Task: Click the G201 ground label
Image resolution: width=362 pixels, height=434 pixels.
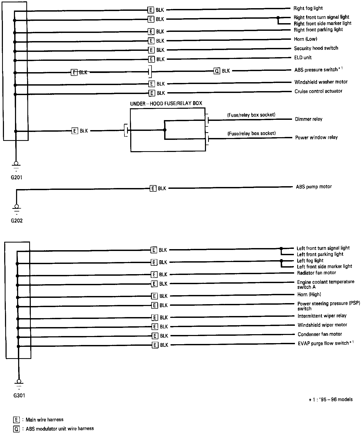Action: click(x=16, y=177)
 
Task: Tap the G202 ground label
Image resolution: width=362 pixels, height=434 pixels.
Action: click(x=17, y=221)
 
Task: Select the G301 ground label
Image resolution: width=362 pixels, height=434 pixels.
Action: click(x=19, y=396)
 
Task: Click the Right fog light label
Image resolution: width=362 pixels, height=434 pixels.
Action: click(x=308, y=8)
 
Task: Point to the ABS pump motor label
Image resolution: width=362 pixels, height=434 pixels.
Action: click(x=314, y=187)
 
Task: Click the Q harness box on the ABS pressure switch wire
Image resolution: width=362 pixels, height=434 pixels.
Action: click(x=217, y=71)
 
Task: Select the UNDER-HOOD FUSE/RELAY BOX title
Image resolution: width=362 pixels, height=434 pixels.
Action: click(x=166, y=103)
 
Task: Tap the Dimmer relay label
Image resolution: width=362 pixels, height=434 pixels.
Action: click(x=308, y=119)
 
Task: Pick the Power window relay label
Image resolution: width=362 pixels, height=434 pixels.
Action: click(x=316, y=137)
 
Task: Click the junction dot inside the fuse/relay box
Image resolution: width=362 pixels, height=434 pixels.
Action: click(x=165, y=130)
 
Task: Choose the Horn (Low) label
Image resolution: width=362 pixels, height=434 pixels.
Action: click(x=305, y=39)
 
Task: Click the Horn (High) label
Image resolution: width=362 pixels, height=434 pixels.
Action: click(x=309, y=294)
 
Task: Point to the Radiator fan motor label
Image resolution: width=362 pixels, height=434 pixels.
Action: click(x=316, y=273)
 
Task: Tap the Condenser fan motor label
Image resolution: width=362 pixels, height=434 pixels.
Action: click(x=320, y=334)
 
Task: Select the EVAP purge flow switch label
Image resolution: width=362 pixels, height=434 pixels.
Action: click(x=325, y=343)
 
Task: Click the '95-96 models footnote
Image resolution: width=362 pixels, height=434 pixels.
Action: click(x=331, y=400)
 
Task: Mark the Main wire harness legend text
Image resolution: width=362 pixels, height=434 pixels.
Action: click(x=44, y=420)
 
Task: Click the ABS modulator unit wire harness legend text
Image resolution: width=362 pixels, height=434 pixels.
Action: click(x=60, y=429)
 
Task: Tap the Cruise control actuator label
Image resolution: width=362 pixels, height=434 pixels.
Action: click(x=318, y=91)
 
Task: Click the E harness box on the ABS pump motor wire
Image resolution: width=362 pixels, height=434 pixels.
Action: click(x=153, y=188)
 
